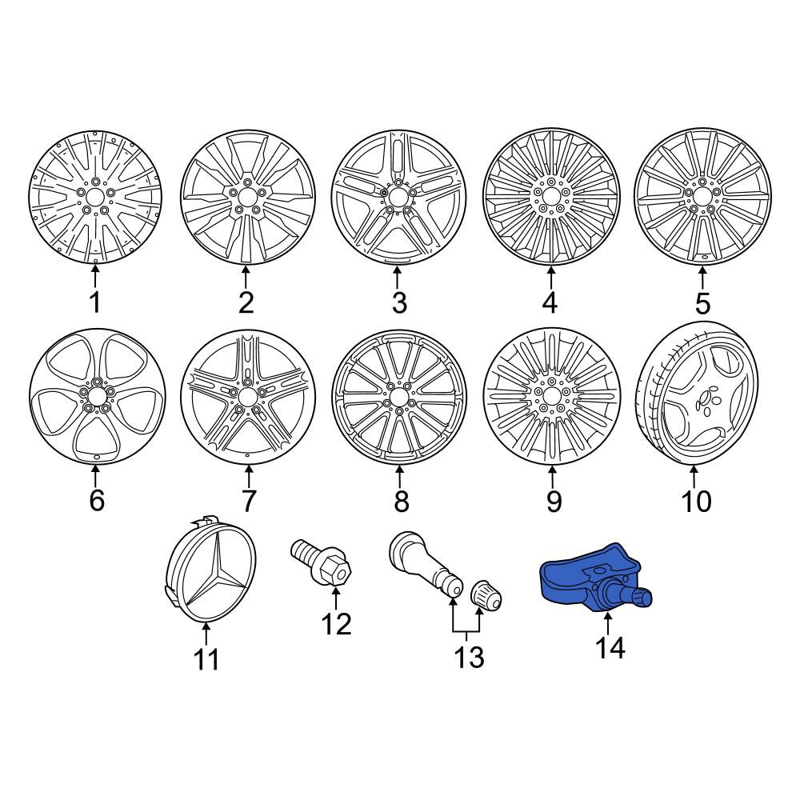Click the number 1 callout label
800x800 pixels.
(95, 302)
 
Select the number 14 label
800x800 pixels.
(610, 648)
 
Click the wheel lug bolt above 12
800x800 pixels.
(322, 563)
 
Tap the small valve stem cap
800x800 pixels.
(486, 595)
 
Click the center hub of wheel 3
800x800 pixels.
(398, 197)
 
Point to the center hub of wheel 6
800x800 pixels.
(96, 396)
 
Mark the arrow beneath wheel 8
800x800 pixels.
(399, 475)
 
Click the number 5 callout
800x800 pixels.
(702, 303)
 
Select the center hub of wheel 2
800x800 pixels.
(247, 196)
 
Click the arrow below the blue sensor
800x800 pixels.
(607, 626)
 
